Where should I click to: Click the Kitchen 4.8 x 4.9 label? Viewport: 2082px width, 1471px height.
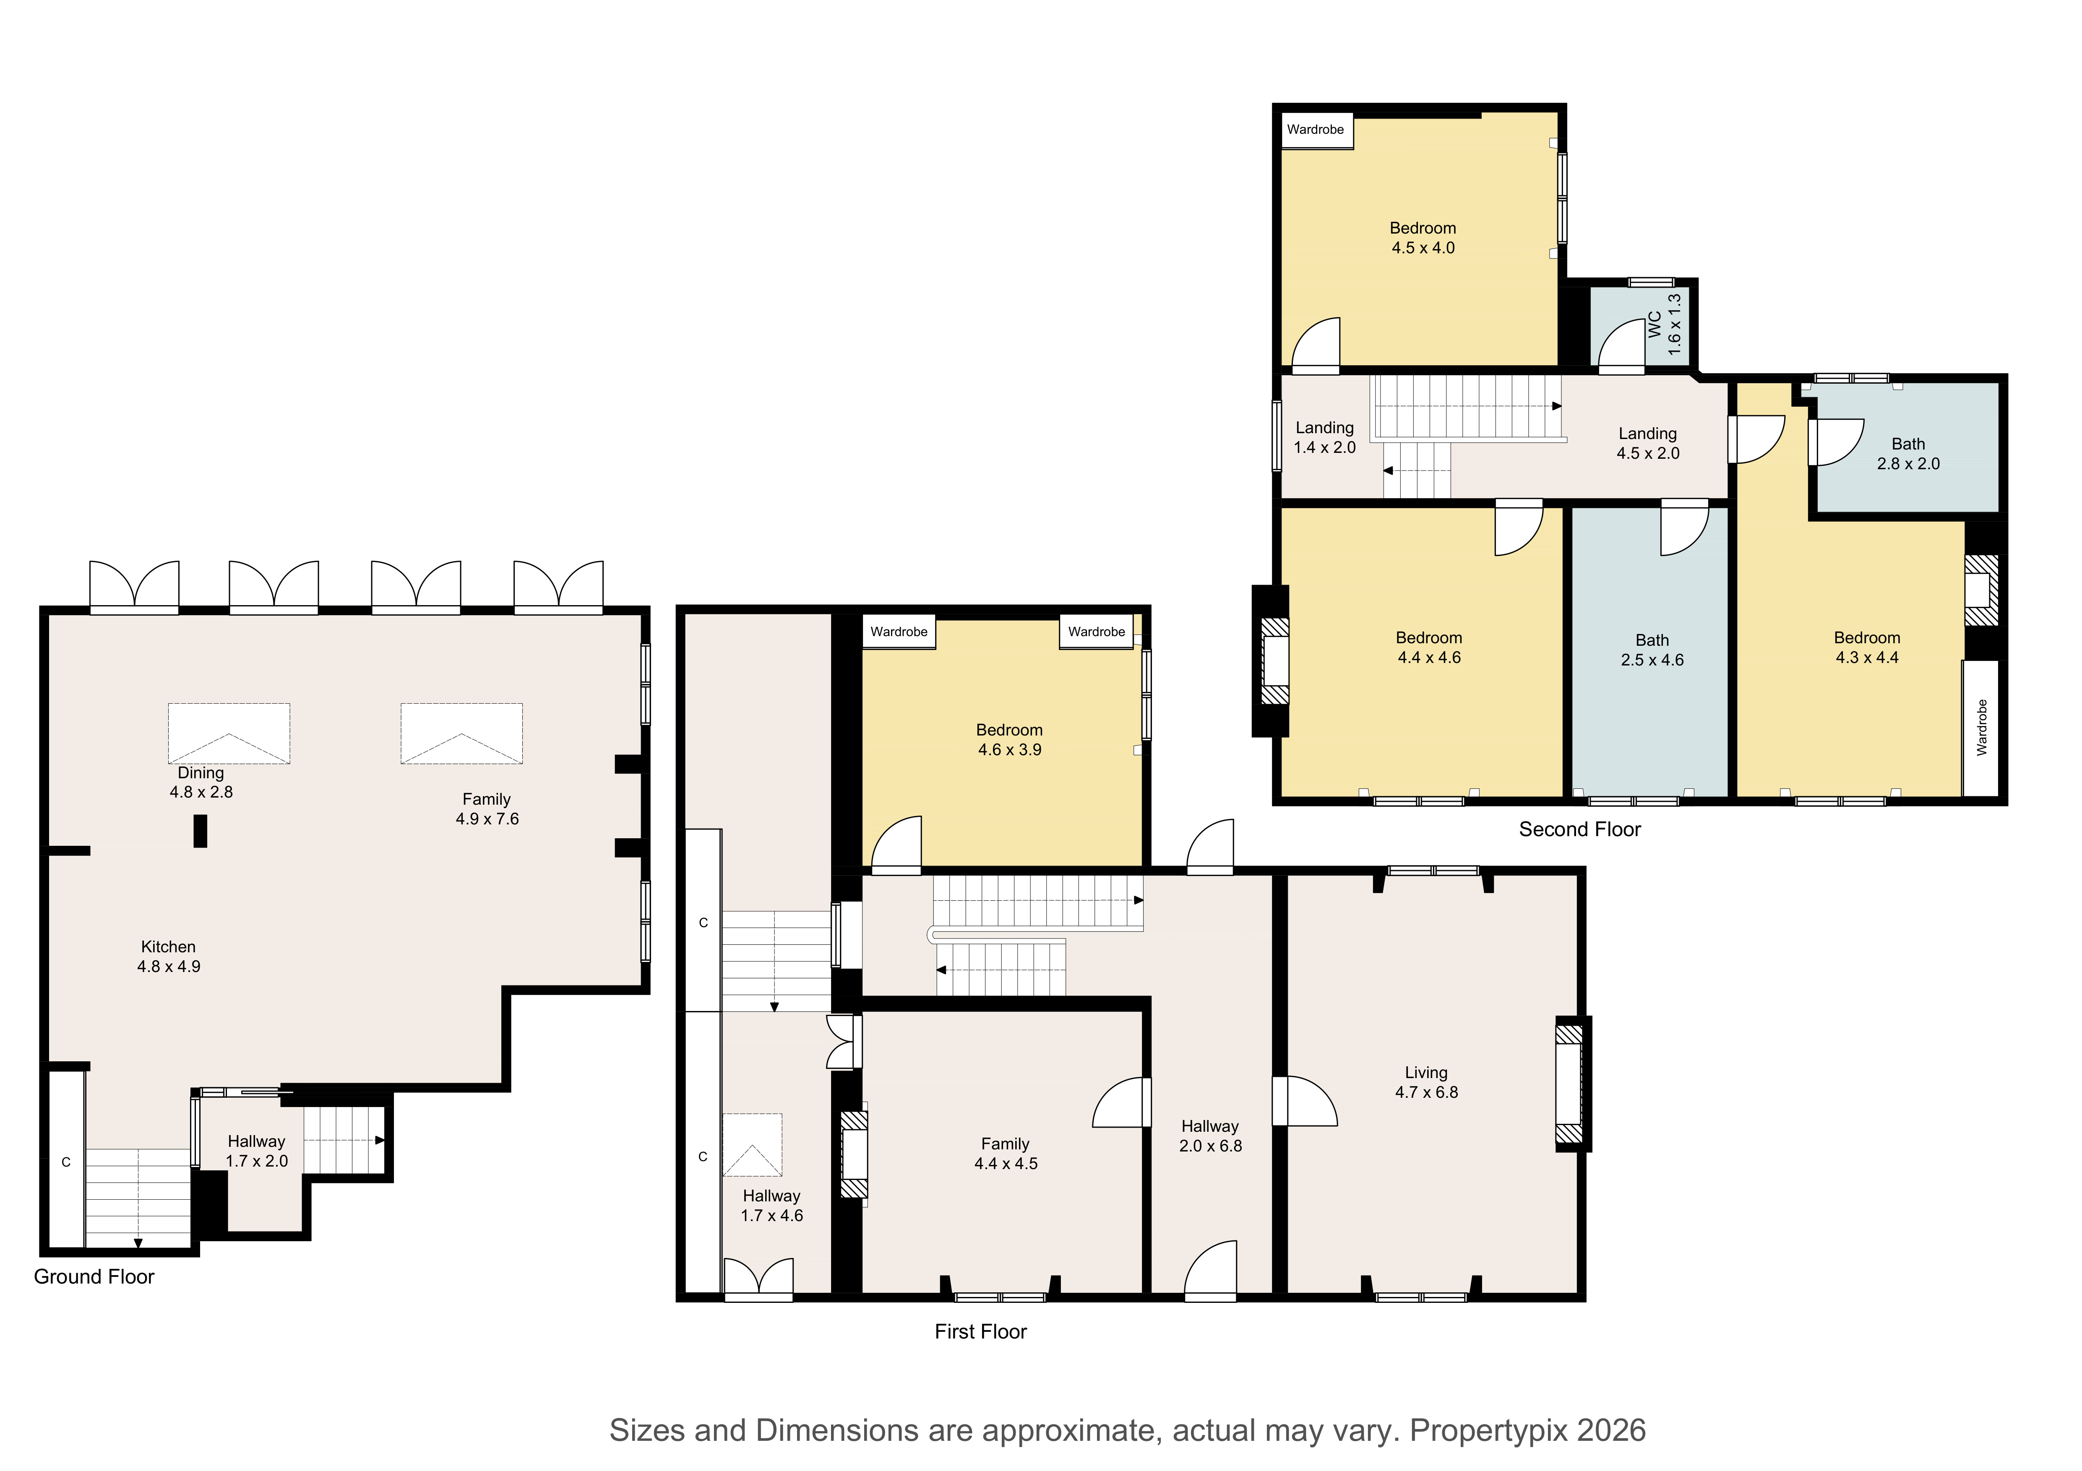point(169,956)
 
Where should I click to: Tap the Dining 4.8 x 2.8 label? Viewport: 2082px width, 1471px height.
point(201,782)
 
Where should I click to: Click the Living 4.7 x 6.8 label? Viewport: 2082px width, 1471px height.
point(1426,1082)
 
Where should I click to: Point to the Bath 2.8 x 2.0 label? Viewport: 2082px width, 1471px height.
point(1908,453)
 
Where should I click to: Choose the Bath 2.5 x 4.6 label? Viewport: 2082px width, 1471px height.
point(1652,650)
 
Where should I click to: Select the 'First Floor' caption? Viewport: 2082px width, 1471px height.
point(980,1331)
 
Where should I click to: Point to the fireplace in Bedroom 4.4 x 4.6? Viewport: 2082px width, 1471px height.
point(1272,662)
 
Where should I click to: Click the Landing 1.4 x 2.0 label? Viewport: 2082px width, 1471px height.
point(1325,437)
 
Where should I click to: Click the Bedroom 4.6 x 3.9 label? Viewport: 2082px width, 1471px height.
point(1009,740)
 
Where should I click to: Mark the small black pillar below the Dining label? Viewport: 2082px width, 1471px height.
point(201,831)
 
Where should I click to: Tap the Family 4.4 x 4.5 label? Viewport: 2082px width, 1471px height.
point(1006,1154)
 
